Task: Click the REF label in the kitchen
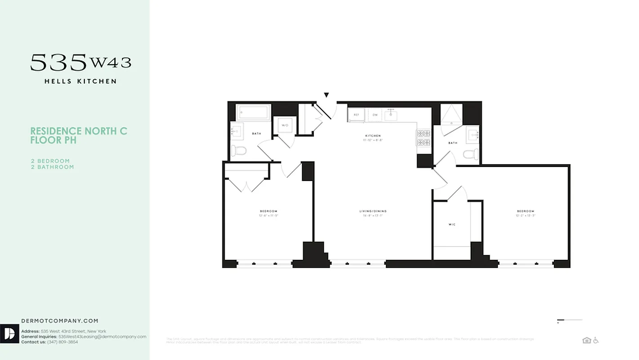click(x=356, y=115)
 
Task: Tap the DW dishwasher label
click(x=375, y=115)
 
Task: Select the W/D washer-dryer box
click(x=285, y=125)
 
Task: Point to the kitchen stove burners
click(x=424, y=138)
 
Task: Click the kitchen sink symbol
click(x=390, y=115)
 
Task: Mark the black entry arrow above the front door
click(x=326, y=95)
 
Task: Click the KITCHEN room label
click(x=373, y=135)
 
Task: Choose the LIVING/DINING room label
click(x=373, y=211)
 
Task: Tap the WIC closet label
click(x=451, y=224)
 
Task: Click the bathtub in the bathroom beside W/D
click(x=254, y=112)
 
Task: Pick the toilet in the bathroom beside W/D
click(x=239, y=151)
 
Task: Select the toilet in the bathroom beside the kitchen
click(x=471, y=154)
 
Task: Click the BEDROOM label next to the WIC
click(x=525, y=211)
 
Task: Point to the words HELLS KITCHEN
click(x=80, y=81)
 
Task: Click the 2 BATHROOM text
click(x=52, y=167)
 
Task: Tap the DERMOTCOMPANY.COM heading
click(x=60, y=321)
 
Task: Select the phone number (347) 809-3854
click(x=63, y=342)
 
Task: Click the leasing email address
click(x=103, y=337)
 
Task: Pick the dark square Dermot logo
click(x=9, y=333)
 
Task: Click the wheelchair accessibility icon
click(x=596, y=340)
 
